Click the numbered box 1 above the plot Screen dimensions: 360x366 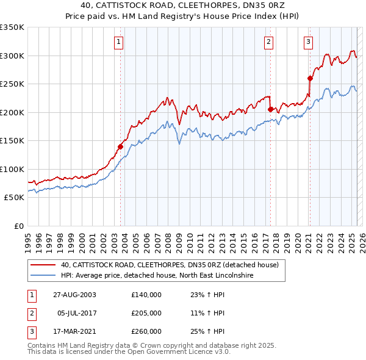[118, 42]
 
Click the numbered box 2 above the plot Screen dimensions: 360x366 [268, 42]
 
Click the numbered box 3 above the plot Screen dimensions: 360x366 [308, 42]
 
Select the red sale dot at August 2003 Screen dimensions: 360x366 [121, 146]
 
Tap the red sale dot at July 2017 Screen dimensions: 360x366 [270, 110]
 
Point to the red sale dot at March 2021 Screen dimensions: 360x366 [310, 78]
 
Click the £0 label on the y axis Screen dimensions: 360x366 [18, 226]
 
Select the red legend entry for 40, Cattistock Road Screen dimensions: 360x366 [170, 265]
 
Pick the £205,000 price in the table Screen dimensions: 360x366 [146, 313]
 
